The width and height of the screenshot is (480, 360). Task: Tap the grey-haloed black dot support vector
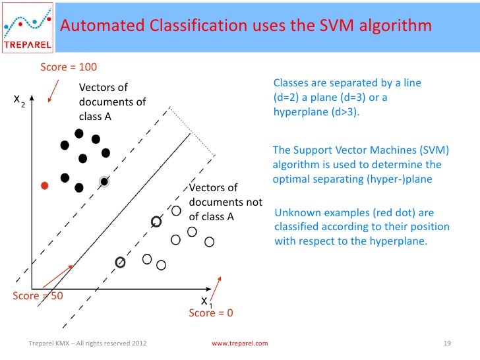(104, 181)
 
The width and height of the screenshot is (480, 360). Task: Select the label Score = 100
(69, 67)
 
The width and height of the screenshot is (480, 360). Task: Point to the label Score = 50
(38, 296)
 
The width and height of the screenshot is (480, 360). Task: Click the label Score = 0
(211, 313)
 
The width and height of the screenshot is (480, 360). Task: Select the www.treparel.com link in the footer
(239, 344)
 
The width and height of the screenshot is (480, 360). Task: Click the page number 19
(447, 344)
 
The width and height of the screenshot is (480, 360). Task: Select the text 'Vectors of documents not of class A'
(225, 202)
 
